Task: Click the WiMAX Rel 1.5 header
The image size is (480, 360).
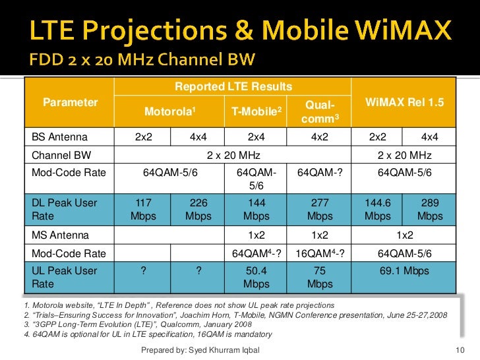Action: (x=404, y=103)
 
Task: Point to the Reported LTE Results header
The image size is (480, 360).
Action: (x=233, y=87)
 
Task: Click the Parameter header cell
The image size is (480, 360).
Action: (x=70, y=102)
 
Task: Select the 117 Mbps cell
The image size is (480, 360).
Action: (x=143, y=210)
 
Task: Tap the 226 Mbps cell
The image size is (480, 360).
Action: (x=198, y=210)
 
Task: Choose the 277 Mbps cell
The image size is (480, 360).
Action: (x=320, y=210)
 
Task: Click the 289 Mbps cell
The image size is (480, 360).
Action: (x=430, y=210)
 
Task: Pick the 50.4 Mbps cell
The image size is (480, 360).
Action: (x=256, y=278)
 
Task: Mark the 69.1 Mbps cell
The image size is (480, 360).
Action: (x=404, y=271)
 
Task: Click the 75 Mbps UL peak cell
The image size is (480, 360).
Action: (x=320, y=278)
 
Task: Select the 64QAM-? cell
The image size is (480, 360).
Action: (x=320, y=173)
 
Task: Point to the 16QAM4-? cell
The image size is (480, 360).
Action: (x=320, y=253)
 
